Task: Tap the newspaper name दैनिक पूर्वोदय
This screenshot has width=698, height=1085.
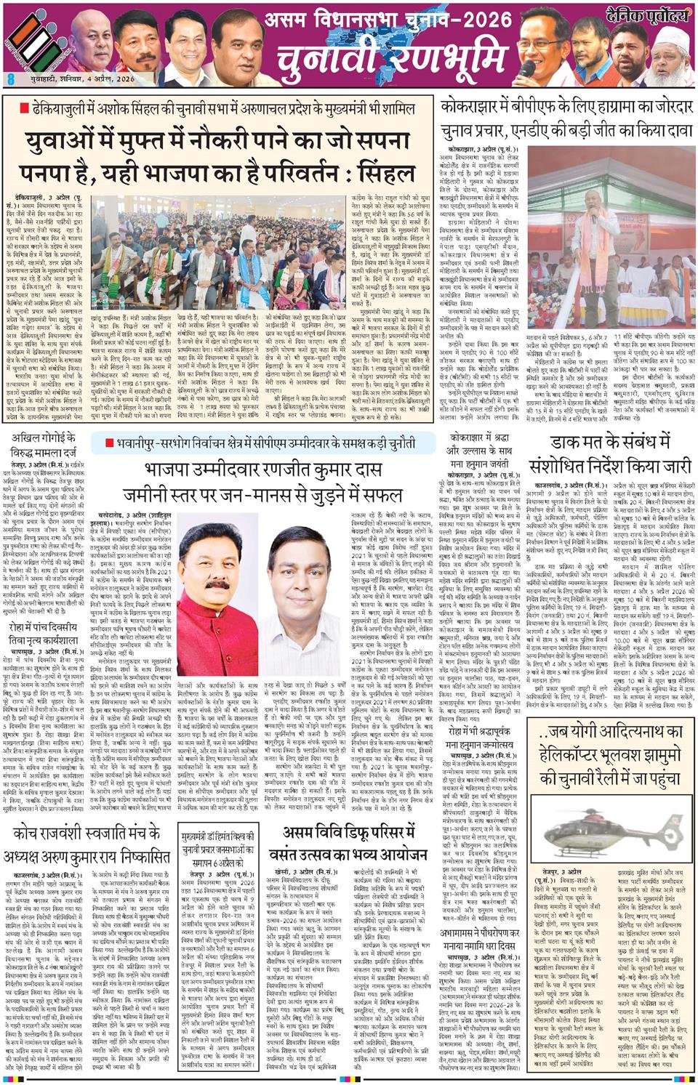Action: point(645,12)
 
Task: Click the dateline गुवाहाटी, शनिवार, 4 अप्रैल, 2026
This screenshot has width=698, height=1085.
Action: point(70,78)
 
